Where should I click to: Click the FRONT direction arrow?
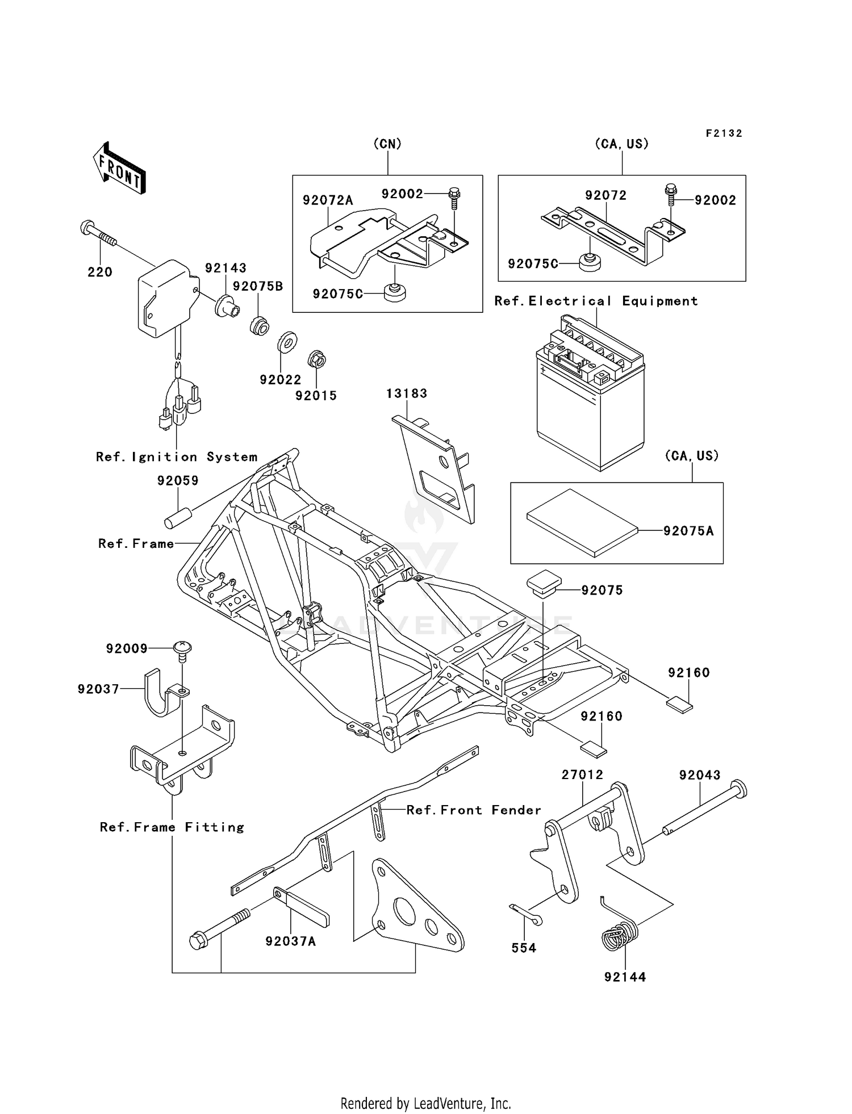tap(119, 168)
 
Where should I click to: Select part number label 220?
tap(100, 272)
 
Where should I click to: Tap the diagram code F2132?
tap(724, 133)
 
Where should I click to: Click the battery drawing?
tap(590, 393)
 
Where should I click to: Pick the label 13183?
tap(407, 393)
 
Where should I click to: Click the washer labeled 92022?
tap(287, 342)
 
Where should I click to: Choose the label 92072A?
tap(328, 200)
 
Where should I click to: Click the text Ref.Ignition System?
tap(177, 457)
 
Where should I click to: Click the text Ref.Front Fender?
tap(474, 810)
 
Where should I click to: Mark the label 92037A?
tap(291, 941)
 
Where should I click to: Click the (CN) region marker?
tap(387, 144)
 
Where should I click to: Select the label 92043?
tap(700, 775)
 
